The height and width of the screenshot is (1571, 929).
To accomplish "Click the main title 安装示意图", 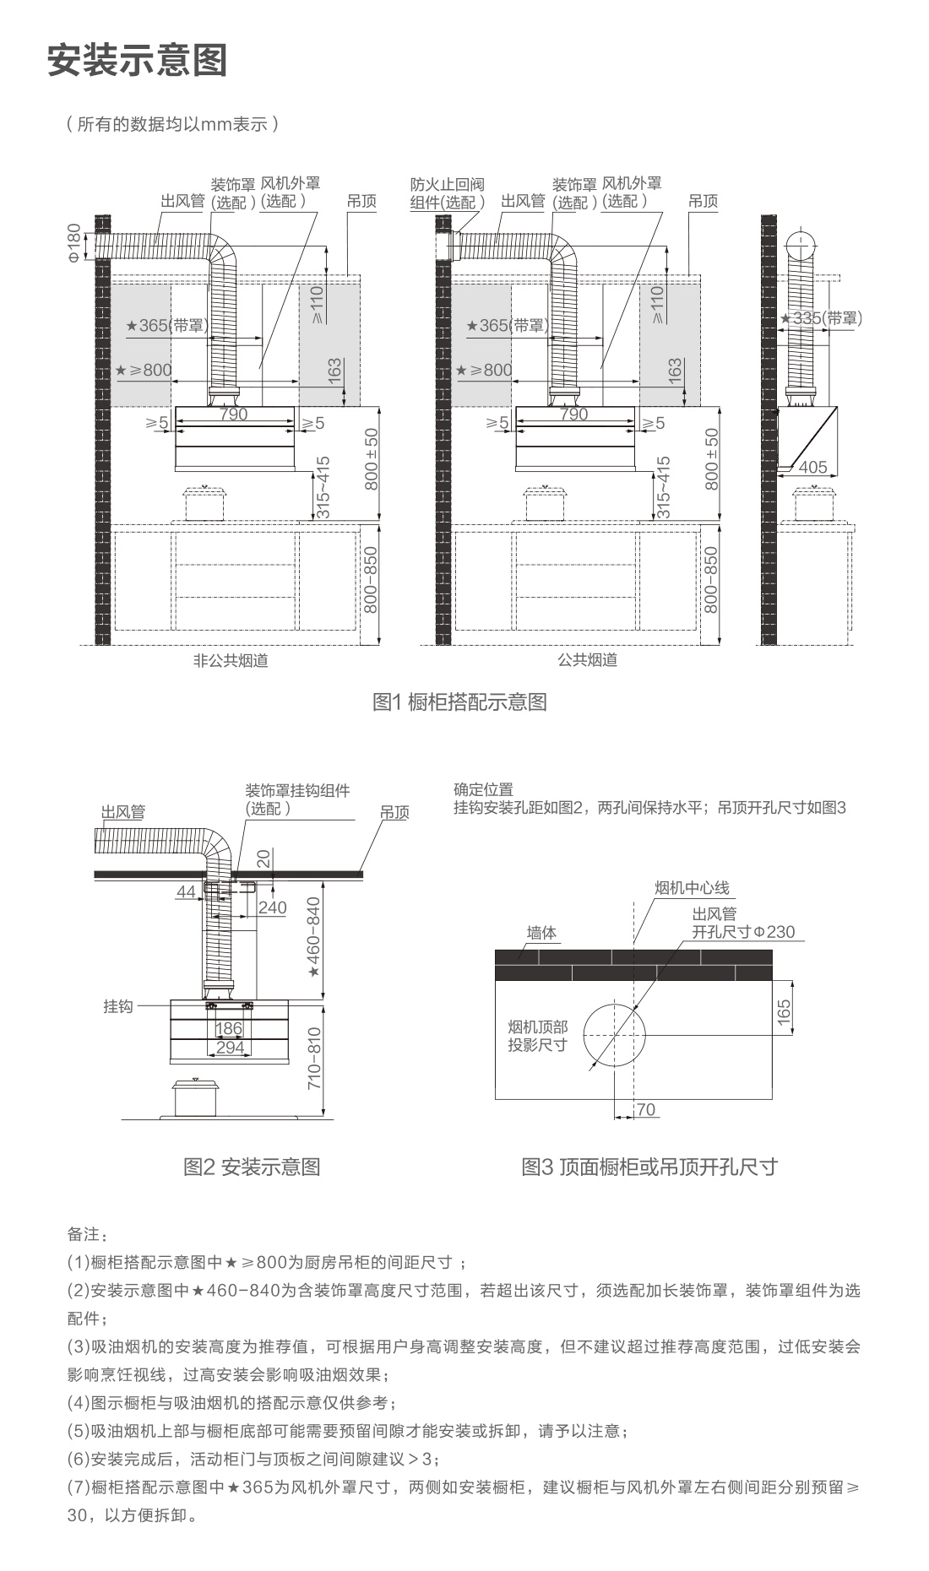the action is (x=137, y=60).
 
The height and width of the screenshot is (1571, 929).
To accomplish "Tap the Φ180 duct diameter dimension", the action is (x=74, y=243).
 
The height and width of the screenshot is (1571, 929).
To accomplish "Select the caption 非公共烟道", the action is (x=231, y=660).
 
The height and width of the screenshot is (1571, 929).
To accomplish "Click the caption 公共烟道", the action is (x=587, y=660).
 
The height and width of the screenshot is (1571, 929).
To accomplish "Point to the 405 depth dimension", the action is (x=812, y=468).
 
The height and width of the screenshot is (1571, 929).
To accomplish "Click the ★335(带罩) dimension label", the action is (x=821, y=318).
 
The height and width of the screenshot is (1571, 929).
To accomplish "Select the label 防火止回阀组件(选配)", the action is (x=448, y=193).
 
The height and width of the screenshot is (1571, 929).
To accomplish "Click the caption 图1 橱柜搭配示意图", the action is (x=460, y=702).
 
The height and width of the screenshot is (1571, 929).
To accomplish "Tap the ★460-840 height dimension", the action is (x=313, y=937).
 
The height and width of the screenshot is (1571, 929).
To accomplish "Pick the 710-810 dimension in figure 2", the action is (x=313, y=1058).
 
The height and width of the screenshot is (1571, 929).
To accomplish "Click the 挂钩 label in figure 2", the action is (x=118, y=1006).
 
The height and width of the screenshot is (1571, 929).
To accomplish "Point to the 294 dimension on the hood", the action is (x=230, y=1048).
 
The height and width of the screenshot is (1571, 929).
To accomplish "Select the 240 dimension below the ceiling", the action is (x=272, y=907).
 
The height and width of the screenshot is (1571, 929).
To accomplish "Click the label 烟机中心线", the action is (x=692, y=888).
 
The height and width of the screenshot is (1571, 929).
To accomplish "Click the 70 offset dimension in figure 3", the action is (x=646, y=1109).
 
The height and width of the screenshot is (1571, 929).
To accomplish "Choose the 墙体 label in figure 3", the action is (x=542, y=933).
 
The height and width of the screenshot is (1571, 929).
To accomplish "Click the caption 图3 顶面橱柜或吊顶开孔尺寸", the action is (x=649, y=1167).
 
